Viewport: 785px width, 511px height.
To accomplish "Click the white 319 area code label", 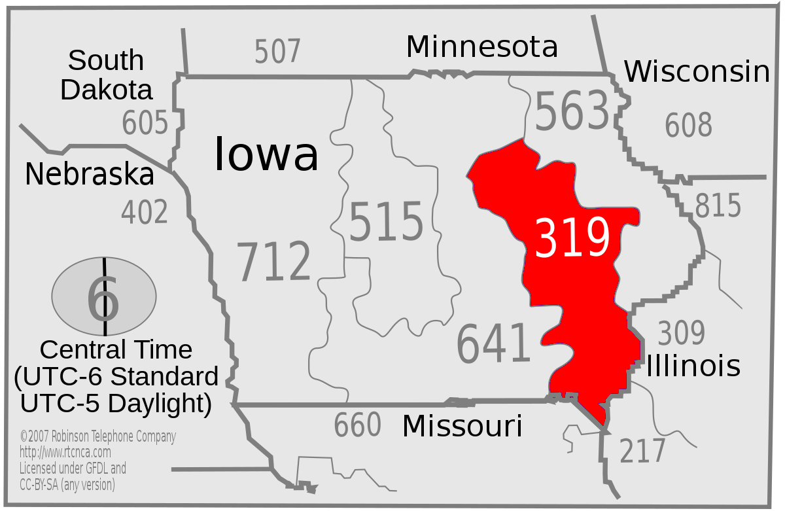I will pyautogui.click(x=572, y=238).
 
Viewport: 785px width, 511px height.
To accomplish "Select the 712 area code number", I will pyautogui.click(x=273, y=262).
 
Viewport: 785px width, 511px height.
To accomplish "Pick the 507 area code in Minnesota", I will pyautogui.click(x=277, y=52).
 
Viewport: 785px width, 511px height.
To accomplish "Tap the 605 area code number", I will pyautogui.click(x=145, y=122).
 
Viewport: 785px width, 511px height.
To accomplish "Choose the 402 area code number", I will pyautogui.click(x=145, y=212).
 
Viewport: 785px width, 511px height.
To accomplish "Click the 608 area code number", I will pyautogui.click(x=688, y=125).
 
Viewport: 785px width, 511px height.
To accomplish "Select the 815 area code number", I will pyautogui.click(x=718, y=206).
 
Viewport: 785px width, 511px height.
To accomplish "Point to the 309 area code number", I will pyautogui.click(x=681, y=333).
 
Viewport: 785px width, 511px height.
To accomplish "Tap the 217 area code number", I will pyautogui.click(x=642, y=451).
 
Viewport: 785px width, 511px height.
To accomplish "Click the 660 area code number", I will pyautogui.click(x=357, y=425).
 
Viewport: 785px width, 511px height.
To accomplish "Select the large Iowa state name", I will pyautogui.click(x=266, y=155).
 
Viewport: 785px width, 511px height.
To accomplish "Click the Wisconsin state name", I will pyautogui.click(x=697, y=71).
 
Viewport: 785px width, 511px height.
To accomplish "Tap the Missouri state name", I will pyautogui.click(x=462, y=426).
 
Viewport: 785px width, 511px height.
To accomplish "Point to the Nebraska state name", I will pyautogui.click(x=90, y=175).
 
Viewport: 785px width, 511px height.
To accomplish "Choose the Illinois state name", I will pyautogui.click(x=693, y=366).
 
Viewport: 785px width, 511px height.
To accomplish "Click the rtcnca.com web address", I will pyautogui.click(x=65, y=452).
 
